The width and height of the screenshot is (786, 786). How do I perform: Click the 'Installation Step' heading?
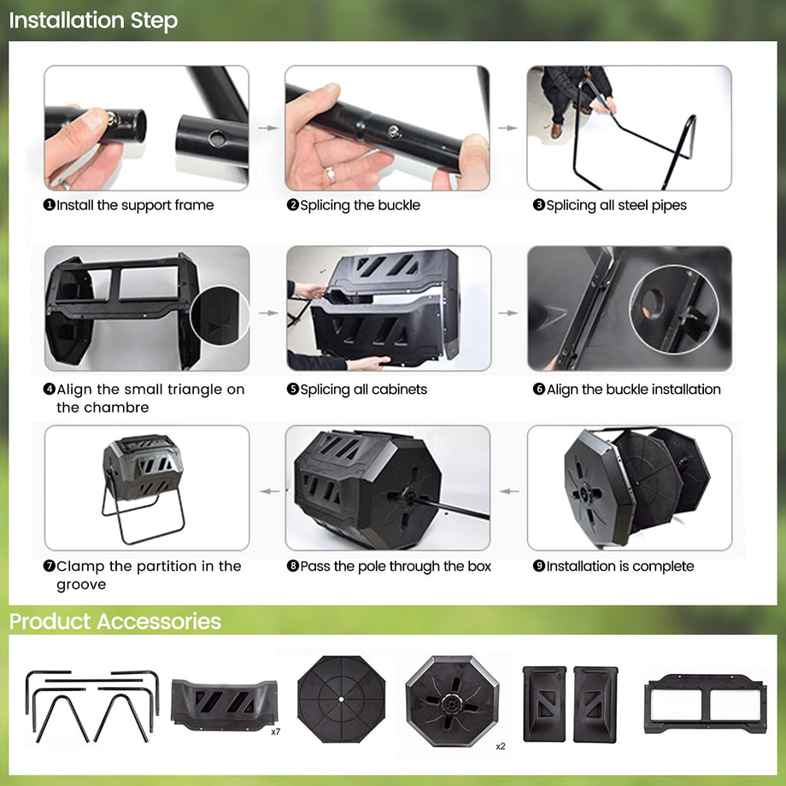point(93,21)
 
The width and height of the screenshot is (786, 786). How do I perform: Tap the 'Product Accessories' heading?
point(115,622)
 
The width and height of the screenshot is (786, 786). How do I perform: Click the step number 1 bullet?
point(50,205)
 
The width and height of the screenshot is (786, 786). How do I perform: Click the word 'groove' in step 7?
point(81,585)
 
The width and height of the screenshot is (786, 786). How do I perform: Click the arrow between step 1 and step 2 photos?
point(268,128)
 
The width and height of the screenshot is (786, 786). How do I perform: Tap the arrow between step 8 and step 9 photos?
point(509,491)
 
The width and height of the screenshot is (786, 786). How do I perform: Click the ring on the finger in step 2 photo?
point(331,174)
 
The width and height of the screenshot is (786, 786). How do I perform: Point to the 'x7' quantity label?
point(276,732)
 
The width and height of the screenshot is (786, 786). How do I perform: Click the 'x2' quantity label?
point(501,747)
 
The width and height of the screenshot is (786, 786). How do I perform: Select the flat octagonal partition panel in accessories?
point(342,699)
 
